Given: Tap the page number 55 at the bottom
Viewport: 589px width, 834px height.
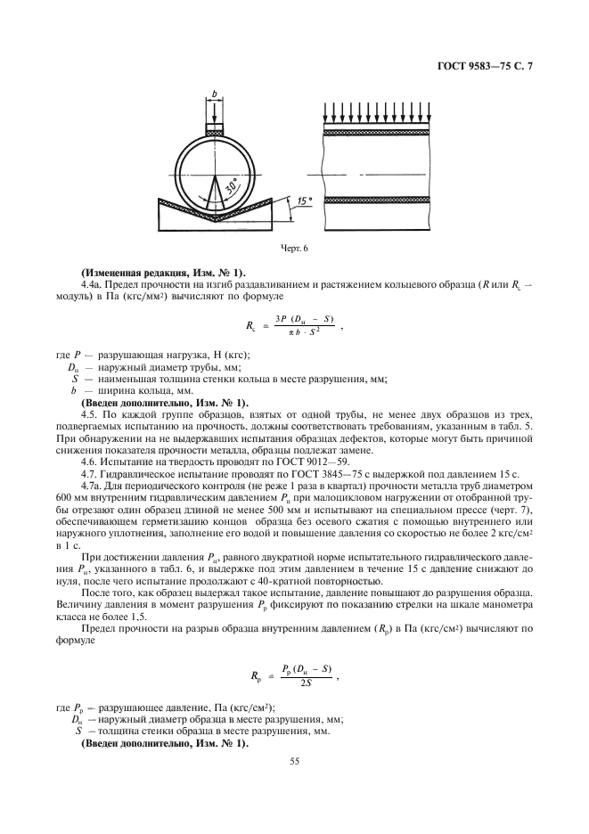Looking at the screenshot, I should tap(293, 762).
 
